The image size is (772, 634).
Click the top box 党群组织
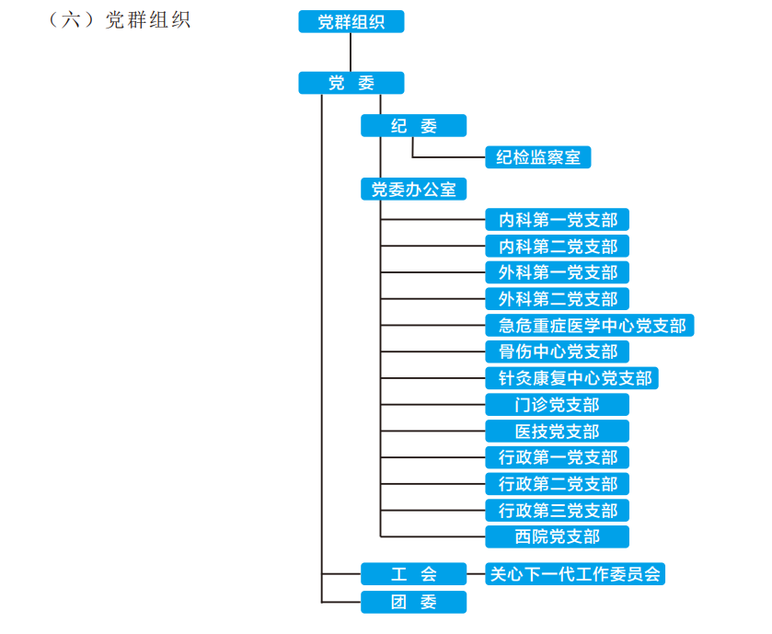351,22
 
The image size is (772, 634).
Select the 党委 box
351,83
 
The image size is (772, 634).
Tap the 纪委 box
413,126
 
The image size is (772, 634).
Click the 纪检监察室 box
538,157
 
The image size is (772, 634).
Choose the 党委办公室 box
413,190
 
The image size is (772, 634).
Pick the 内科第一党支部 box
558,220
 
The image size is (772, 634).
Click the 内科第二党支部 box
558,246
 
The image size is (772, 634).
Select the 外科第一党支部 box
558,272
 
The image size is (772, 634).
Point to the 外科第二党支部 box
558,299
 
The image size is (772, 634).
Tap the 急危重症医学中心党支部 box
590,325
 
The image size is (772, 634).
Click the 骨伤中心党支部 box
558,352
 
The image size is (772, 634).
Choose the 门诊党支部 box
558,405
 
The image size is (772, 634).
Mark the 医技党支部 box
558,432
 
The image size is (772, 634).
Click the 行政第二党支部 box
558,484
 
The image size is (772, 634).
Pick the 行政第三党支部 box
558,511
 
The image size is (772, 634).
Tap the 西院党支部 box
558,536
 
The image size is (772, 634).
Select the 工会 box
413,574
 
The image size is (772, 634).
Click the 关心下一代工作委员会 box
575,574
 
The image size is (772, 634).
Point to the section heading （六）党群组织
119,20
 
